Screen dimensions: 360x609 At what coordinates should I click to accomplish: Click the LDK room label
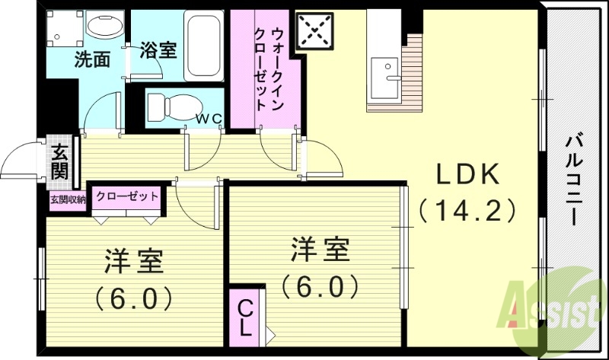coord(467,175)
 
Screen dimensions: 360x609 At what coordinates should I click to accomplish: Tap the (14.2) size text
coord(467,209)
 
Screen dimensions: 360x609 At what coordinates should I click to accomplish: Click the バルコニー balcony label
coord(575,179)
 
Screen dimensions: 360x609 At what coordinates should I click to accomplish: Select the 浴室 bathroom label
coord(159,50)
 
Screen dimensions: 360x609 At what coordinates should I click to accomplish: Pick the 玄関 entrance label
coord(60,161)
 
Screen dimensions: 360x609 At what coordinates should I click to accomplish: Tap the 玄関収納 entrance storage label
coord(68,199)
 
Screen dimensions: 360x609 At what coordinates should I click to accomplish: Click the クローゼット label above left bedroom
coord(127,196)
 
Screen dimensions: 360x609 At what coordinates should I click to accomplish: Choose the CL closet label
coord(246,319)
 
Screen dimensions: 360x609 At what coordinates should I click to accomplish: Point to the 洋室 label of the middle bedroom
coord(320,250)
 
